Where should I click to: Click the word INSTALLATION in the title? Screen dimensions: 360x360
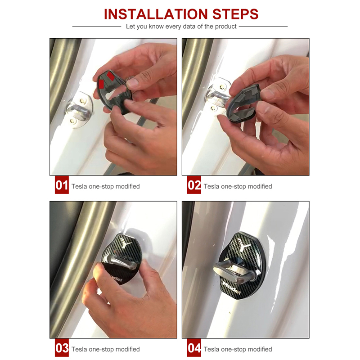point(156,14)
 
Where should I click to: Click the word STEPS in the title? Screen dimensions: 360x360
point(235,14)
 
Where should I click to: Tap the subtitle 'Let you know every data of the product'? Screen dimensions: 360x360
point(181,27)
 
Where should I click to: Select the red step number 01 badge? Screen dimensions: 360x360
point(62,185)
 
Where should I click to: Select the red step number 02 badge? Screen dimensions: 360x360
point(194,185)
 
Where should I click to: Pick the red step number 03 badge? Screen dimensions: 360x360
point(62,347)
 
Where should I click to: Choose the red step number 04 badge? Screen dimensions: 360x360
point(194,347)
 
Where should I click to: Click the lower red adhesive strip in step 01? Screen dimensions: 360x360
point(101,84)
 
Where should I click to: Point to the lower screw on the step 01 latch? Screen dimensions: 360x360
point(72,120)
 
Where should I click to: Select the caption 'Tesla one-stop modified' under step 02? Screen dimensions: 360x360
point(238,186)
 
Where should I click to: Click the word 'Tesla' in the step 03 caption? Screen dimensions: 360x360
point(79,349)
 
